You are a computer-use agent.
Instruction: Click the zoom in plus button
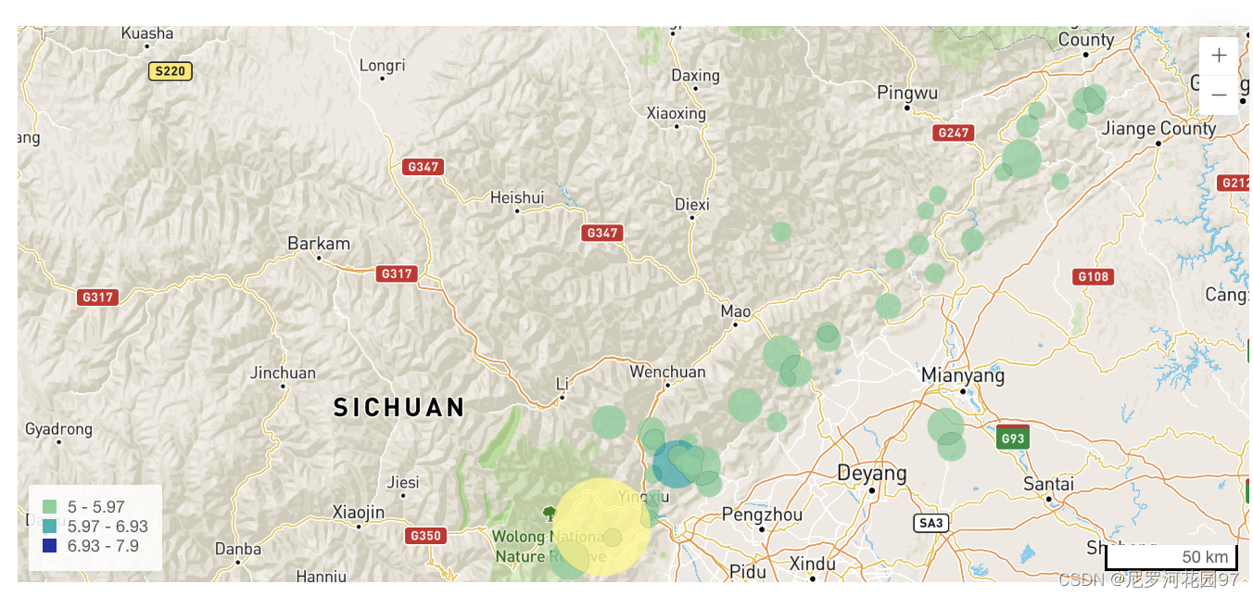1218,56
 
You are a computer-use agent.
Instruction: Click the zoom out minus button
1218,95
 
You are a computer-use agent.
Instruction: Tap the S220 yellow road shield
171,70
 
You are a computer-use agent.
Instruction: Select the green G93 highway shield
1013,438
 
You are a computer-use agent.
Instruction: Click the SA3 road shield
930,523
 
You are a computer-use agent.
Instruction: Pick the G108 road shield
1094,276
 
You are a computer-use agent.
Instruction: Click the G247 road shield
953,133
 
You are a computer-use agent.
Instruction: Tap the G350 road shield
425,535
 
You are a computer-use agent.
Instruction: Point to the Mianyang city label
962,375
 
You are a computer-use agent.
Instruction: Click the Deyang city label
871,473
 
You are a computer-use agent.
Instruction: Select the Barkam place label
319,244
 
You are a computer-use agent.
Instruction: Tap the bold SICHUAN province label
399,407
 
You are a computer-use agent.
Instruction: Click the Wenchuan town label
667,372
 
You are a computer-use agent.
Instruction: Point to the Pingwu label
907,93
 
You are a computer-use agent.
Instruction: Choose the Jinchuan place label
283,373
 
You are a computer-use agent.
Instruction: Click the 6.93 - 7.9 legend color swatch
50,546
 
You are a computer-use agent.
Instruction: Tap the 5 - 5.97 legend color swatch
50,507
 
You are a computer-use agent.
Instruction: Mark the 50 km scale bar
1171,557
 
